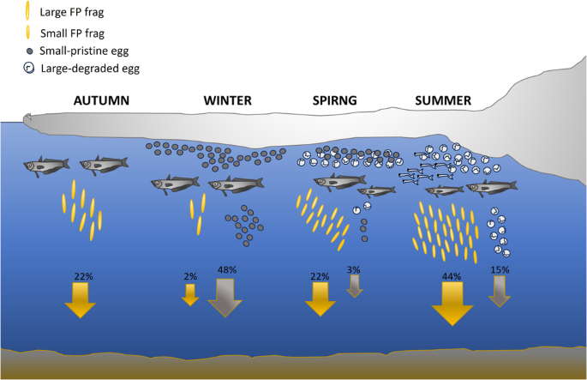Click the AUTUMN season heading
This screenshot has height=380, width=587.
102,100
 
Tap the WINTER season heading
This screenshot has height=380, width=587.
227,100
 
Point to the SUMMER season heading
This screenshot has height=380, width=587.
443,100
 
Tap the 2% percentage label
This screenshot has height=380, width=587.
190,276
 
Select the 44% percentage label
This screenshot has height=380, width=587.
452,276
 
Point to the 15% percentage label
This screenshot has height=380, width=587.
500,269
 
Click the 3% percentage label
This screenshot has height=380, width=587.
354,270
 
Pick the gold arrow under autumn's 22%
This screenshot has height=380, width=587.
82,299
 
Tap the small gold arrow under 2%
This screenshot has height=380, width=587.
190,293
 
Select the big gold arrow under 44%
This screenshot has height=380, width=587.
452,303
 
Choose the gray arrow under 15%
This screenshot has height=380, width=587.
500,291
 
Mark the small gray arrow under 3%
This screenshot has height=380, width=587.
354,286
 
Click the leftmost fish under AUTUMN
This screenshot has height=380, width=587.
46,164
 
